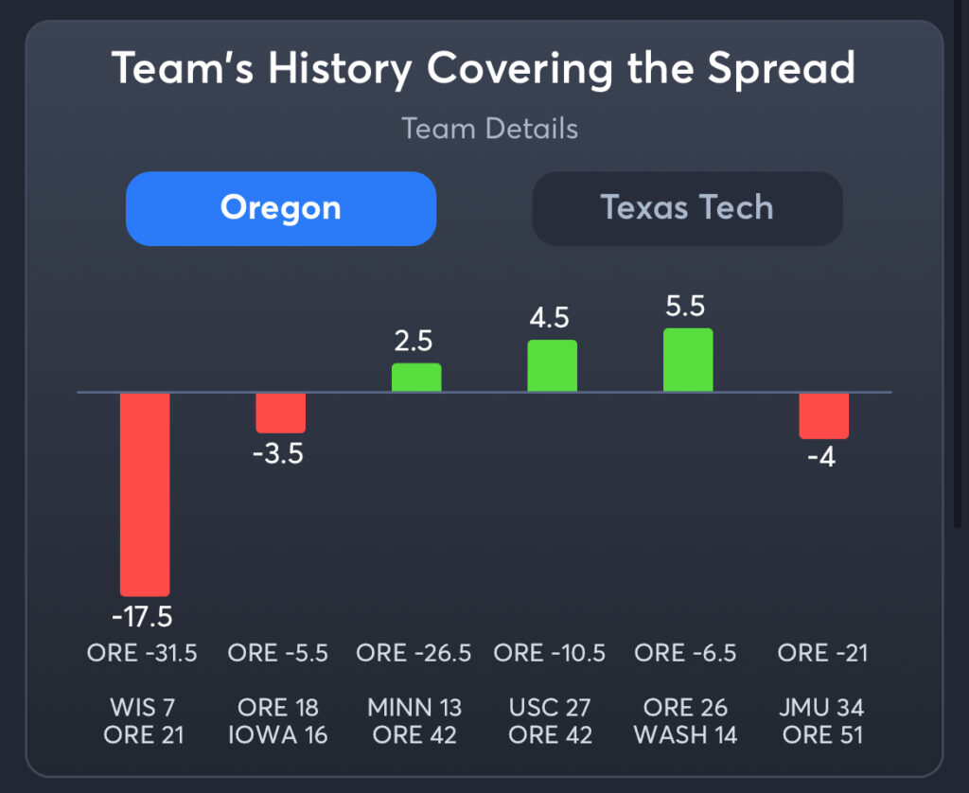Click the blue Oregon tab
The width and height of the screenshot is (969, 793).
[281, 208]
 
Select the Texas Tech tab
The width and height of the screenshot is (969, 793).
[687, 208]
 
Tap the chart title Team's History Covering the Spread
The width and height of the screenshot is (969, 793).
[484, 69]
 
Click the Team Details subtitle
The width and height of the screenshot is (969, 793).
[490, 129]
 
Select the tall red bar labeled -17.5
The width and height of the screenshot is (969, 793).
[145, 493]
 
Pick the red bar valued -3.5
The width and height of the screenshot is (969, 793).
[281, 413]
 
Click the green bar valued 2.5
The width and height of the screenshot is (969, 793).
[416, 378]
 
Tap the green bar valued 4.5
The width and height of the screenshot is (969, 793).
[553, 366]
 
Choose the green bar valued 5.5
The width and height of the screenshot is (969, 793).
[688, 361]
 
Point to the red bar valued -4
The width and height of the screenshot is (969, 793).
[823, 415]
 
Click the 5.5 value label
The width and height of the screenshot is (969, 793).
[687, 308]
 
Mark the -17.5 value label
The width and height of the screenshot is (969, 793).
[142, 617]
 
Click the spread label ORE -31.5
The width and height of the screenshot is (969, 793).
[142, 653]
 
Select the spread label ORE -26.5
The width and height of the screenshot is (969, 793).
[414, 653]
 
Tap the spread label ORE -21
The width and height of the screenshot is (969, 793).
[822, 653]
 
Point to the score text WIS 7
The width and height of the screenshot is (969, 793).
[142, 708]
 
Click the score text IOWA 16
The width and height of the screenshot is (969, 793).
[278, 735]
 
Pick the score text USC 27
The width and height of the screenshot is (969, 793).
[551, 708]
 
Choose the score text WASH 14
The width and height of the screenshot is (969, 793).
[685, 735]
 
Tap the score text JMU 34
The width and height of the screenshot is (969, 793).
[822, 708]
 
